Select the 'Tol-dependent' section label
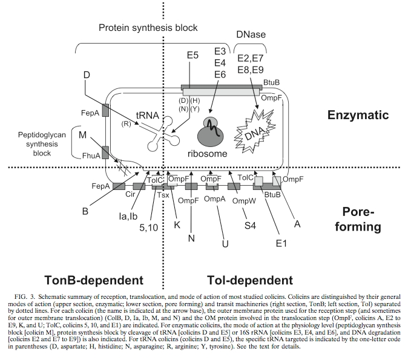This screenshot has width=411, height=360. [x=249, y=280]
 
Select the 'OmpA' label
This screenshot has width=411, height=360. [x=215, y=199]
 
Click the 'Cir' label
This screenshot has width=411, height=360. [x=130, y=194]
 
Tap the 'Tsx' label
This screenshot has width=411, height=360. [x=163, y=195]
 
